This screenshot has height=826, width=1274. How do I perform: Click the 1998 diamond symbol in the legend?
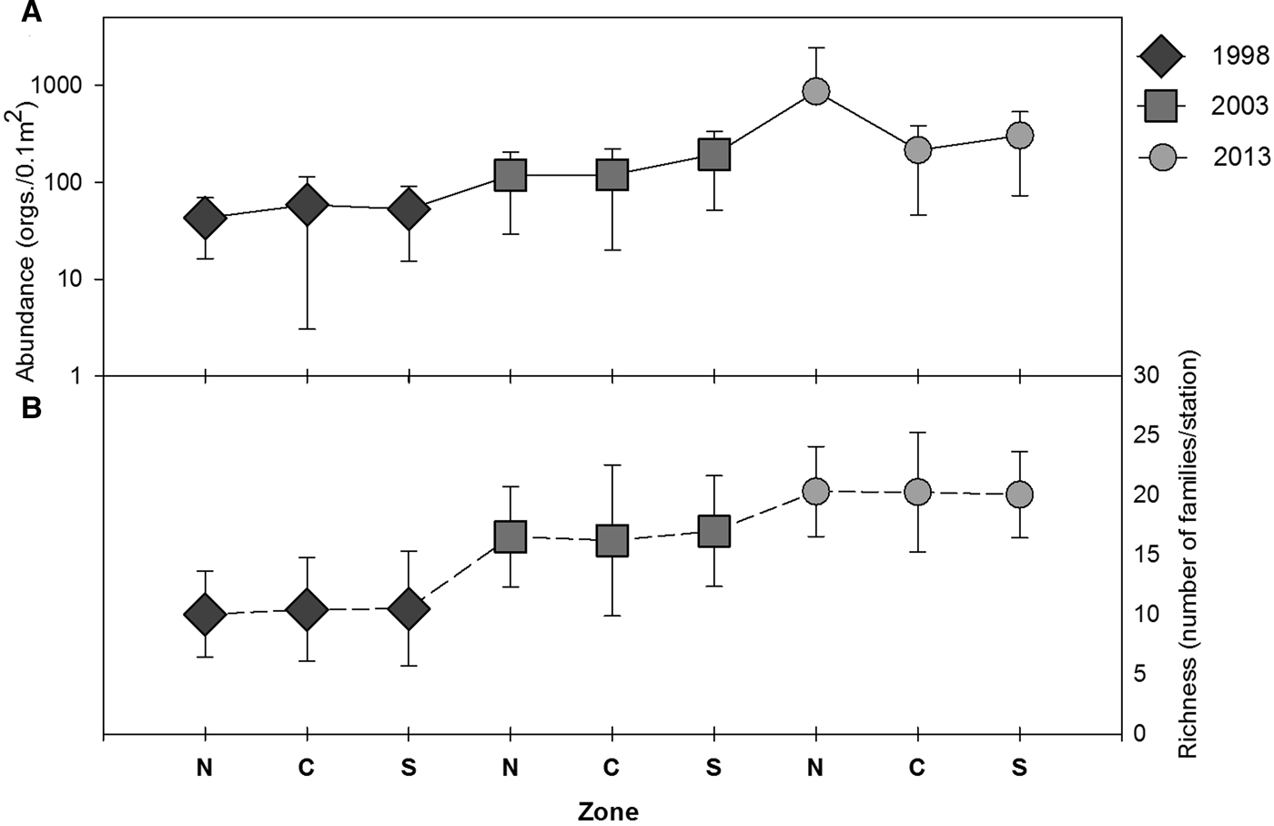click(1160, 56)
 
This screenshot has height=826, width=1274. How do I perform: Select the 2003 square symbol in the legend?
click(1160, 107)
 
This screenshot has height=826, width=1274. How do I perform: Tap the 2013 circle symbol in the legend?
click(1160, 157)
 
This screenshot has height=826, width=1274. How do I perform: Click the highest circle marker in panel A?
click(815, 91)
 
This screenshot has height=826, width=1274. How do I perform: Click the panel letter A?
click(31, 13)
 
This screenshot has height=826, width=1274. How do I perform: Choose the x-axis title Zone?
click(608, 811)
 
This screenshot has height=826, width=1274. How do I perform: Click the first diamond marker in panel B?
click(205, 615)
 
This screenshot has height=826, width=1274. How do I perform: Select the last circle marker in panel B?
click(1019, 495)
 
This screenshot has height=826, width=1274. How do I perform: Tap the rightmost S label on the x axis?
click(1019, 768)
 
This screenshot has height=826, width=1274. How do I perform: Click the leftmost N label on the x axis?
click(205, 768)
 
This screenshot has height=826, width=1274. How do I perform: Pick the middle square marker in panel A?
click(612, 174)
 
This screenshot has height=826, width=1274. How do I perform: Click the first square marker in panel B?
click(511, 536)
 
